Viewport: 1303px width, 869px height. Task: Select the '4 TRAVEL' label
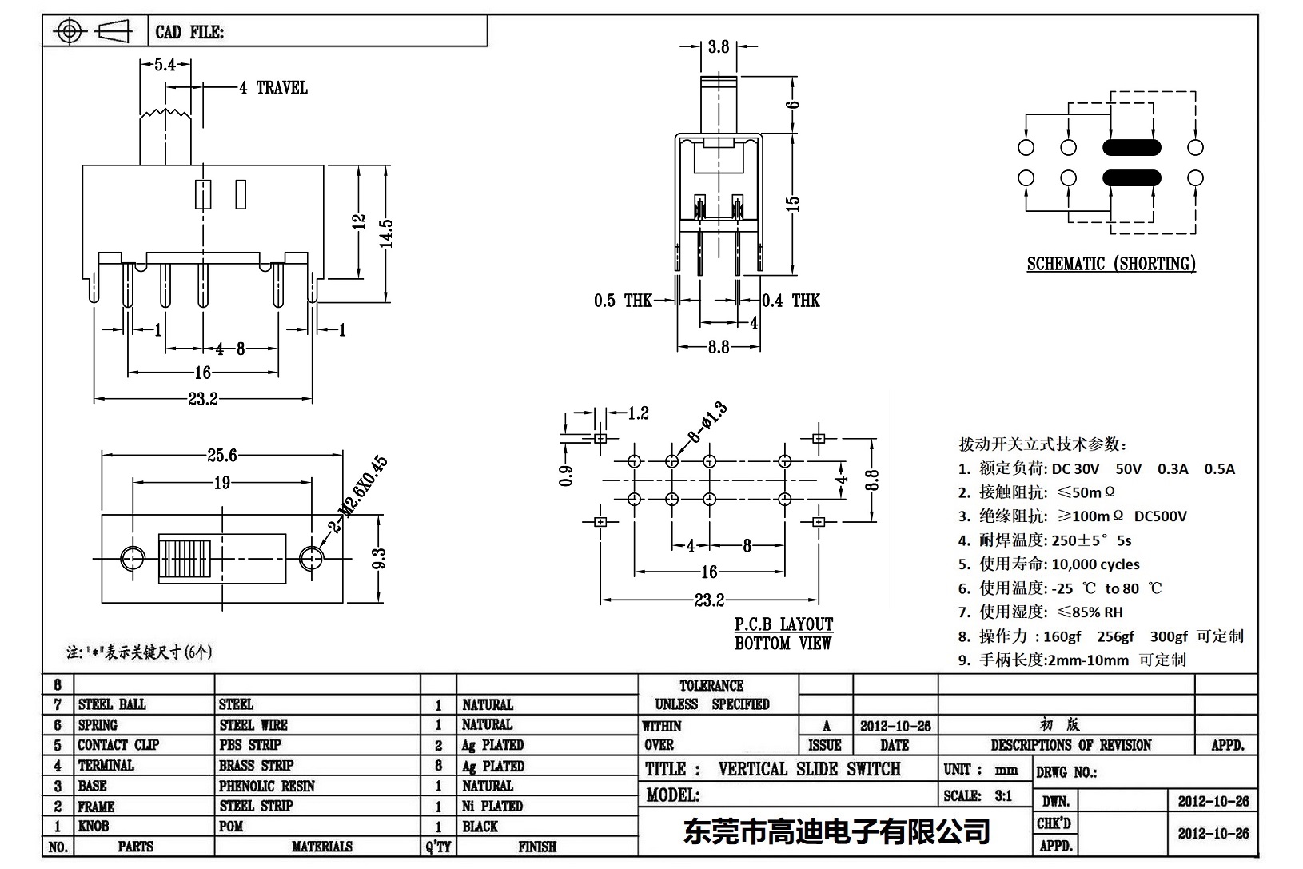click(273, 88)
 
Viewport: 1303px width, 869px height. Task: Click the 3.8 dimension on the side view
click(718, 47)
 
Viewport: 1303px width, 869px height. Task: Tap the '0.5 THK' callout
click(622, 301)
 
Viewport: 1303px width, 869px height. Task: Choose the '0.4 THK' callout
click(791, 301)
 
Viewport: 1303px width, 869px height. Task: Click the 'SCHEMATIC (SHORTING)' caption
click(1111, 264)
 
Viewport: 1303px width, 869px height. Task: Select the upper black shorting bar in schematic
click(1131, 147)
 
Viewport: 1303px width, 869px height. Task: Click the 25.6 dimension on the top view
click(221, 456)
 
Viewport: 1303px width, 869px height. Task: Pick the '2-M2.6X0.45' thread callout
click(357, 495)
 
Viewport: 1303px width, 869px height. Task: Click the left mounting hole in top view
click(132, 558)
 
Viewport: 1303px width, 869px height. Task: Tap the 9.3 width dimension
click(379, 558)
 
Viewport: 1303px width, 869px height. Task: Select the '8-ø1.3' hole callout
click(708, 424)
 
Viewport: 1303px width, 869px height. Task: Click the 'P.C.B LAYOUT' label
click(783, 624)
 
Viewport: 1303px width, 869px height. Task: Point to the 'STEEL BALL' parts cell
click(112, 704)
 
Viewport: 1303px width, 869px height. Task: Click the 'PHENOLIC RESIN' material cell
click(267, 786)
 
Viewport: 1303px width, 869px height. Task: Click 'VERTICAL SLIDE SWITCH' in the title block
click(809, 769)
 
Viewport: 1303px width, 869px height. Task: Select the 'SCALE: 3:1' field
click(978, 796)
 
